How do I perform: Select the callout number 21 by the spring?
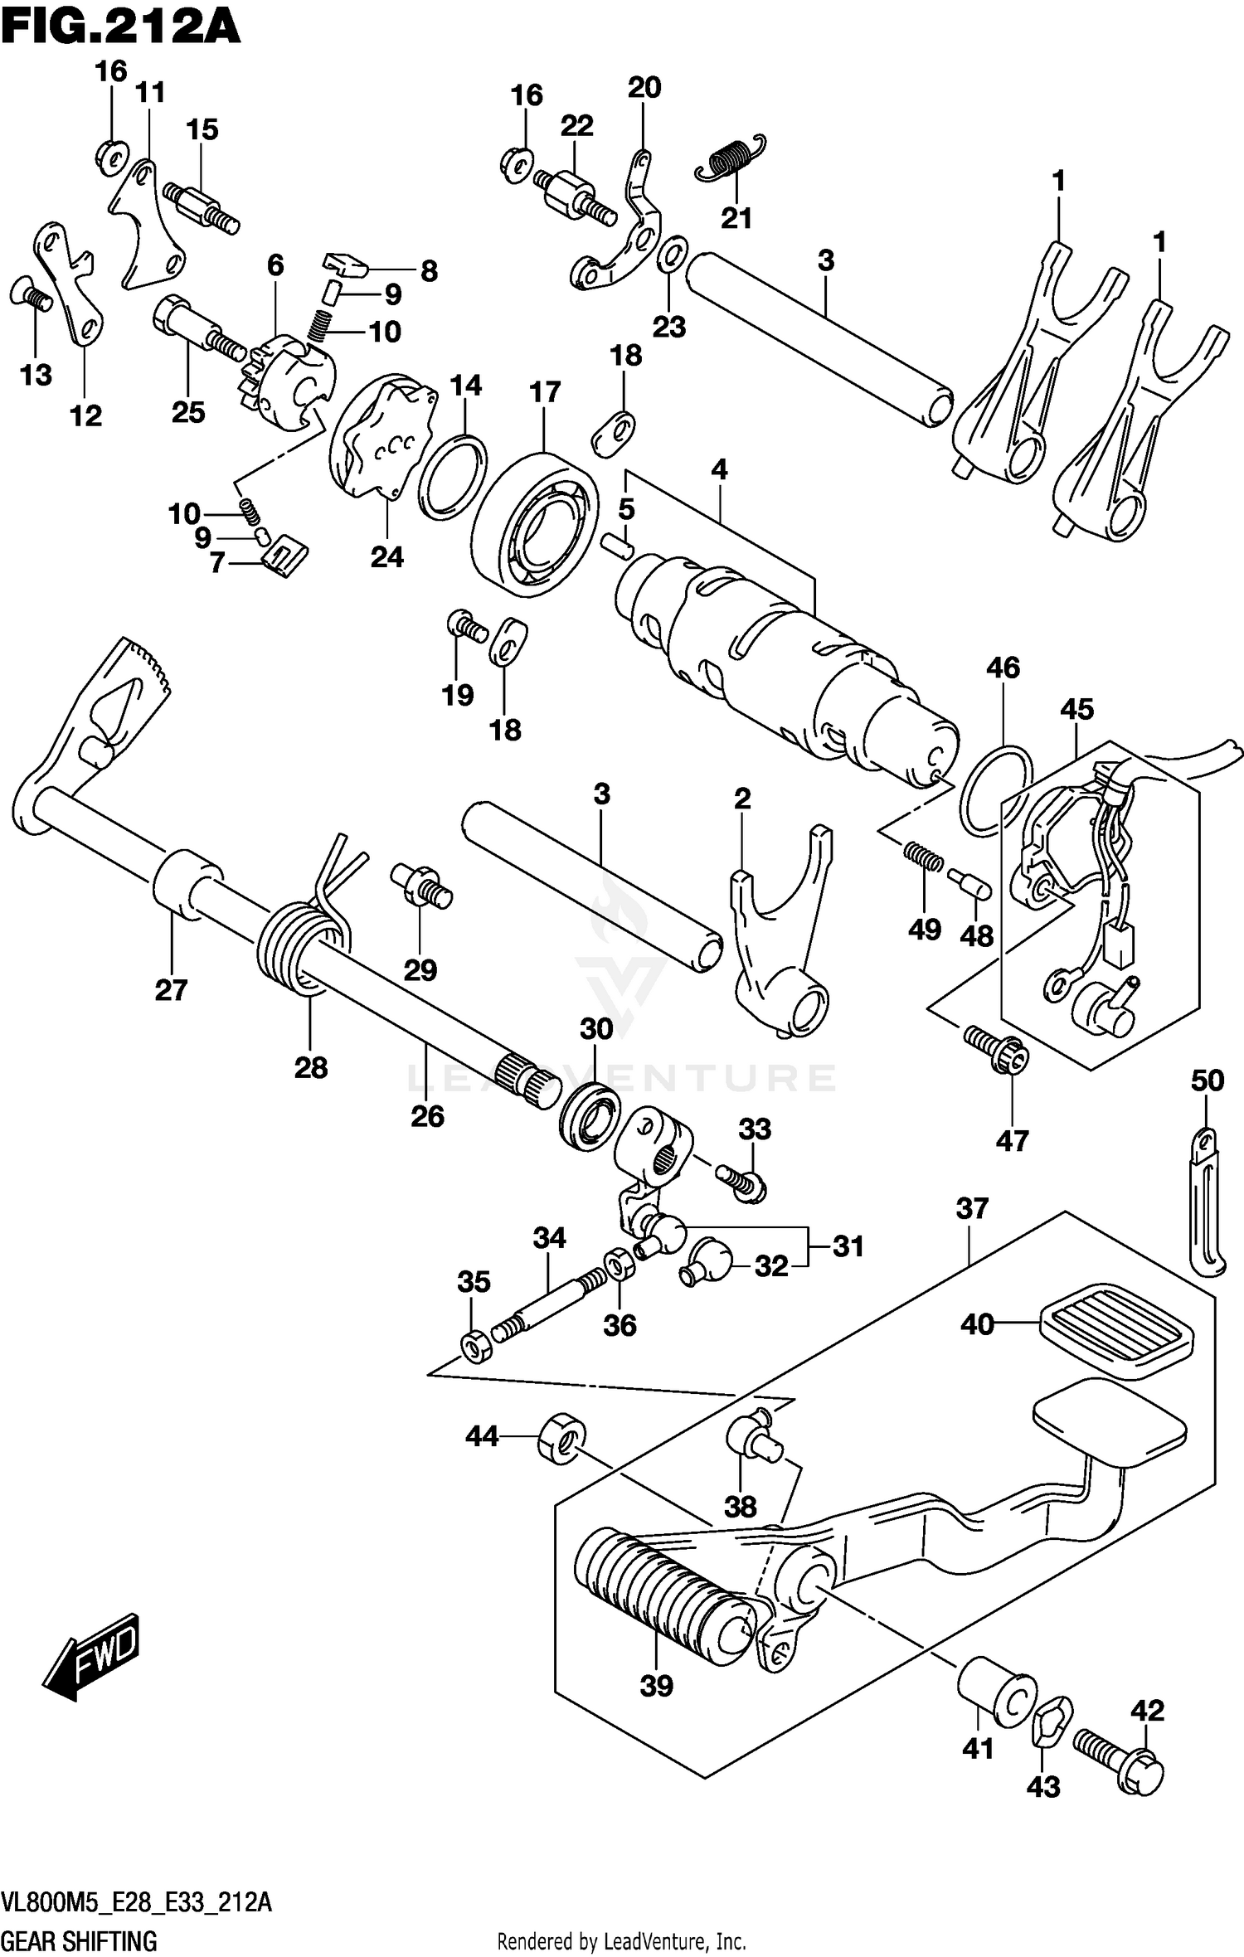[x=736, y=218]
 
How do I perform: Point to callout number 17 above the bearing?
[x=545, y=392]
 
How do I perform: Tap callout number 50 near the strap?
[x=1207, y=1080]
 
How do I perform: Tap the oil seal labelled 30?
[x=590, y=1115]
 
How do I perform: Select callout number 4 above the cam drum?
[x=719, y=470]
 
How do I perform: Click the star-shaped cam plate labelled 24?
[x=383, y=439]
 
